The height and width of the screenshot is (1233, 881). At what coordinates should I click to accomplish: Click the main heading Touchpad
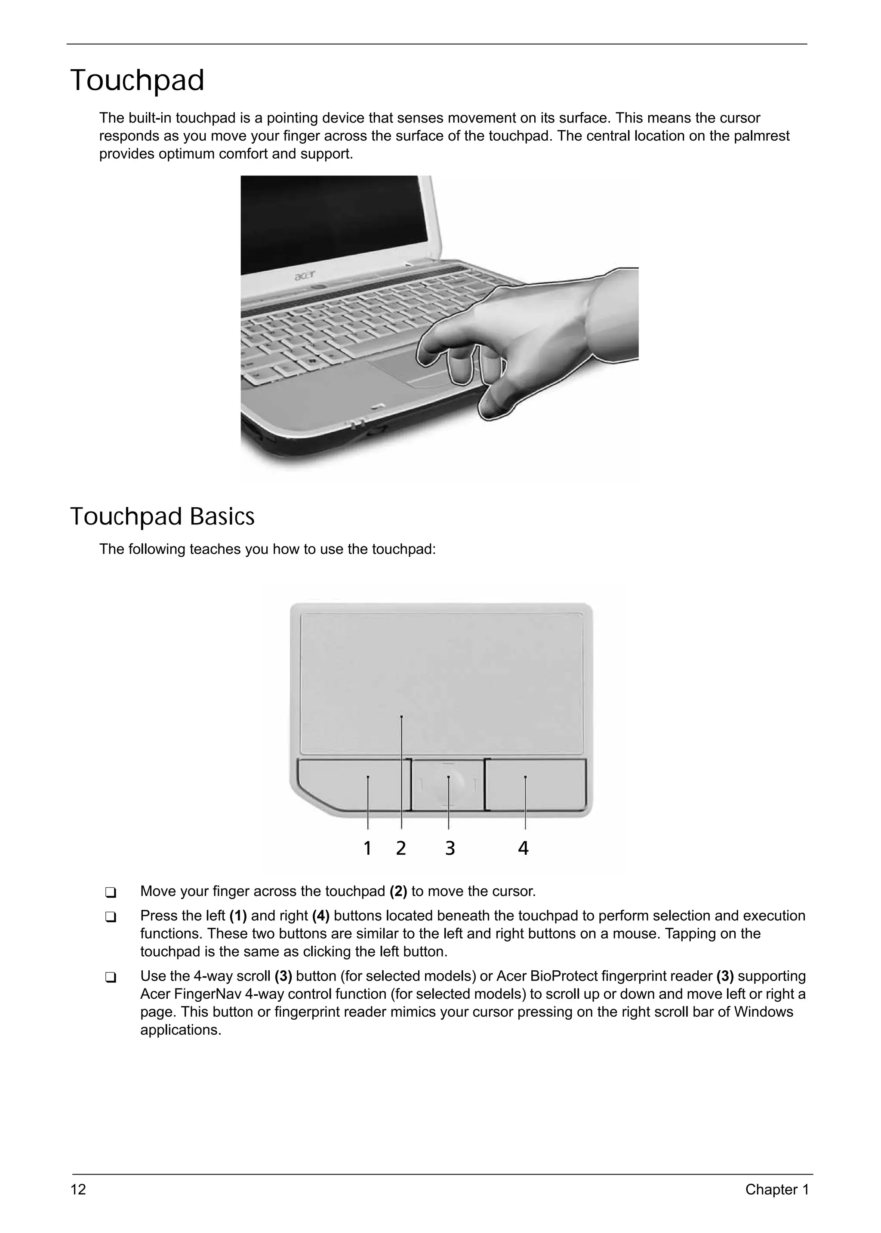pos(137,80)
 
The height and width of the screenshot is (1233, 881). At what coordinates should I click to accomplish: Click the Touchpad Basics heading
pos(162,516)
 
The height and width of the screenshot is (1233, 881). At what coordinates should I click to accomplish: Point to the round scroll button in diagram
pos(449,784)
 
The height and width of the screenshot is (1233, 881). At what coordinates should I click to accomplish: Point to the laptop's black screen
pos(336,222)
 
